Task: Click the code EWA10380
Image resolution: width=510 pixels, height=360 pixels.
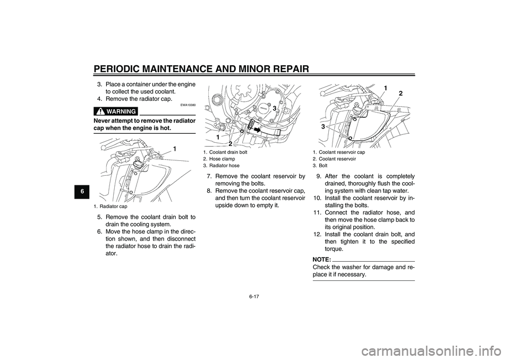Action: pos(189,105)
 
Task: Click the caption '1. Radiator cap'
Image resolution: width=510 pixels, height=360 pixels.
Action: pos(111,207)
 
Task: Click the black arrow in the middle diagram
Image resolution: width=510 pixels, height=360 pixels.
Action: pos(258,128)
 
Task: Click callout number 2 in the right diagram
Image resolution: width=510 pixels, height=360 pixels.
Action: pos(401,93)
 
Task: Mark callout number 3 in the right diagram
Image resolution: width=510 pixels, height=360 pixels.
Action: pos(322,127)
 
